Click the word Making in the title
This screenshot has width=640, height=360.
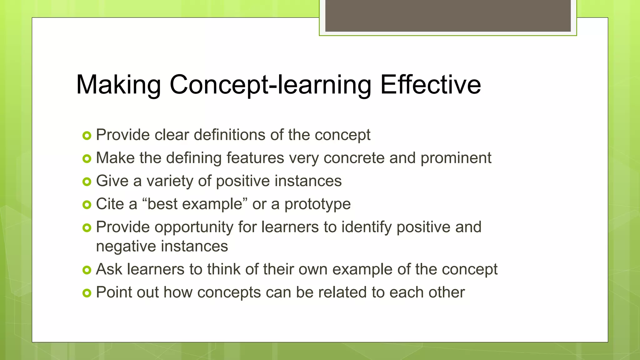pos(118,85)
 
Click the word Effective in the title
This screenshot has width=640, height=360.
pos(430,85)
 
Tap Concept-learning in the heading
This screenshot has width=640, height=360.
pos(270,85)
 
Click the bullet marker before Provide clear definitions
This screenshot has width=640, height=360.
pos(87,136)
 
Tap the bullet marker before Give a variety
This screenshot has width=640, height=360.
pos(87,182)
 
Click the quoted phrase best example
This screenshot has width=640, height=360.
pos(195,204)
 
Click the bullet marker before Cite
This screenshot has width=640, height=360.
pos(87,205)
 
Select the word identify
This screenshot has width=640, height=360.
pos(366,227)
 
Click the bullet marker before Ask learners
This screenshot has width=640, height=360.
pos(87,270)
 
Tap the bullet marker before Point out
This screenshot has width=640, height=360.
pos(87,293)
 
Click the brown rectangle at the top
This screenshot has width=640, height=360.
pos(448,16)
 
